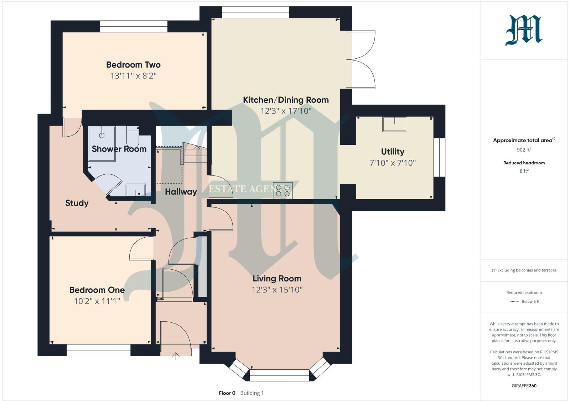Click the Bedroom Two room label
[x=133, y=65]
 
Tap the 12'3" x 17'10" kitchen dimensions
[x=286, y=111]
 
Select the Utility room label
[x=393, y=152]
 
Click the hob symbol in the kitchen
[x=283, y=190]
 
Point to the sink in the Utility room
[x=394, y=124]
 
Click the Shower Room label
[x=119, y=149]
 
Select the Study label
[x=77, y=203]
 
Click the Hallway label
[x=181, y=192]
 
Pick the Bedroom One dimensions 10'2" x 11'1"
[x=97, y=301]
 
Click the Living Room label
[x=277, y=279]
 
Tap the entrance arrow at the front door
[x=176, y=356]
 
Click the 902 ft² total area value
[x=524, y=150]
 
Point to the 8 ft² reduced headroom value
[x=524, y=171]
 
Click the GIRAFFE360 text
[x=524, y=386]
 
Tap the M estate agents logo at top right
[x=524, y=31]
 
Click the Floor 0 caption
[x=227, y=393]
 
